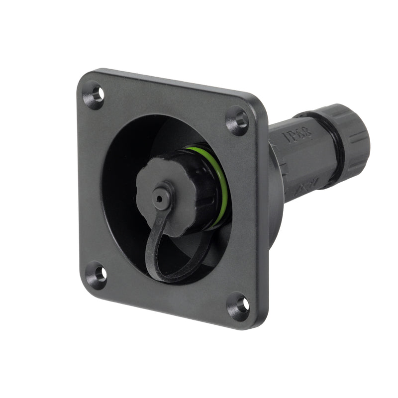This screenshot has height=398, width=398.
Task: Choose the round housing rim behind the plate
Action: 276,209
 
